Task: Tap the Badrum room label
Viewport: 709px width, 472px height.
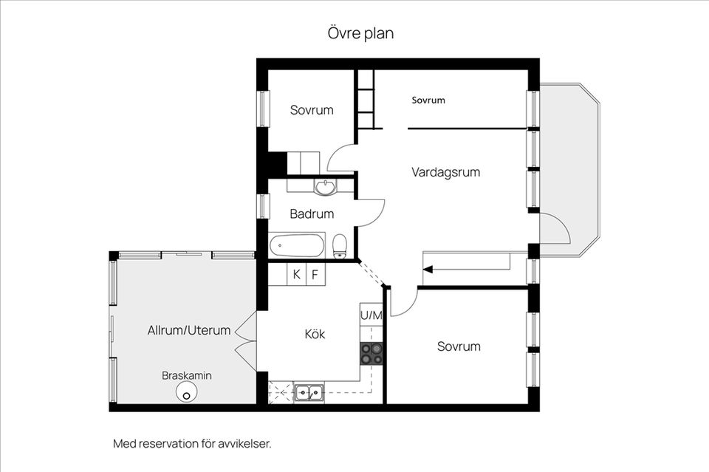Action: (311, 213)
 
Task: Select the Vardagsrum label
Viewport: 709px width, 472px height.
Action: (445, 172)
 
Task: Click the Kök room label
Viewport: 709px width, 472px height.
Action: (315, 334)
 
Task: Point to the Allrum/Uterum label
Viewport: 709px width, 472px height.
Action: (189, 330)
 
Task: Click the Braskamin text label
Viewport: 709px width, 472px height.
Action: (187, 375)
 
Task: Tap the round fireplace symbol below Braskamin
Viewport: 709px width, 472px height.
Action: (187, 394)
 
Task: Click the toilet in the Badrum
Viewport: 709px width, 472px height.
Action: (340, 245)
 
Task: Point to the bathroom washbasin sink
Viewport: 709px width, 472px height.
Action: (325, 188)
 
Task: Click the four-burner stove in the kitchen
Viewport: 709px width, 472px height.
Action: (371, 354)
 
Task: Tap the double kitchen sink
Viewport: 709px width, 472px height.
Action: (309, 392)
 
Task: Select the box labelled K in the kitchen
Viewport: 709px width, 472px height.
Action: (297, 275)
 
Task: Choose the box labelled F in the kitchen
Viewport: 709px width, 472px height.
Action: (315, 275)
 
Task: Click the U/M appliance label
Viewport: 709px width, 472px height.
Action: (371, 315)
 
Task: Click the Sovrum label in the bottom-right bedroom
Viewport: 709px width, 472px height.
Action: (458, 346)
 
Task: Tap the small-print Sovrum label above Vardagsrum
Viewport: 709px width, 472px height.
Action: (428, 100)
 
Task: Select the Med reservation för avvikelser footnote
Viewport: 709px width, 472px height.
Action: (192, 444)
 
